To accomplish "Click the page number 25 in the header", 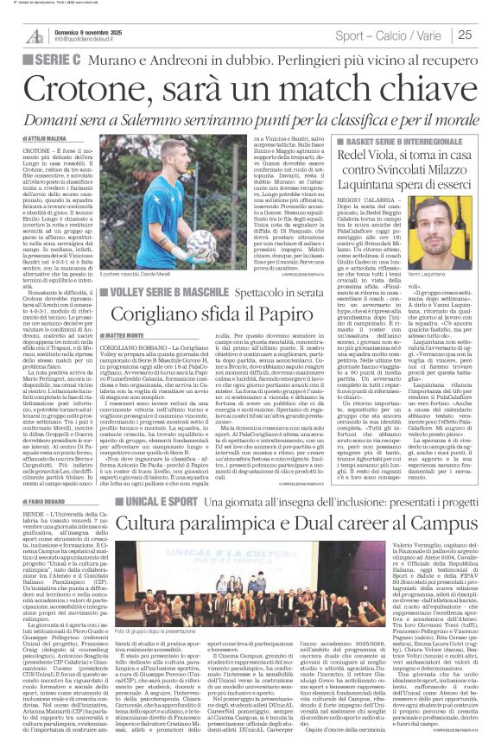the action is pyautogui.click(x=487, y=35).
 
